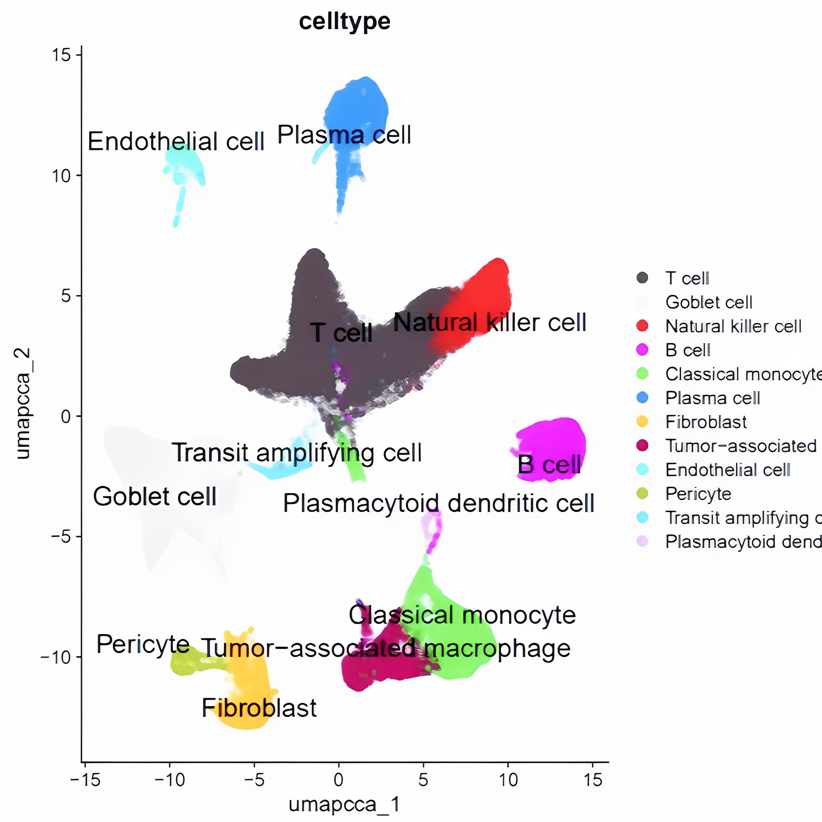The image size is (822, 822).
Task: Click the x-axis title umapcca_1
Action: (344, 804)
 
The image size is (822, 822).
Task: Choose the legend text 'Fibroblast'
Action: (706, 422)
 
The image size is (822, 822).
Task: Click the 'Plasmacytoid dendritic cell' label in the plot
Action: (438, 503)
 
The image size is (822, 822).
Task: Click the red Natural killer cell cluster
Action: (481, 306)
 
